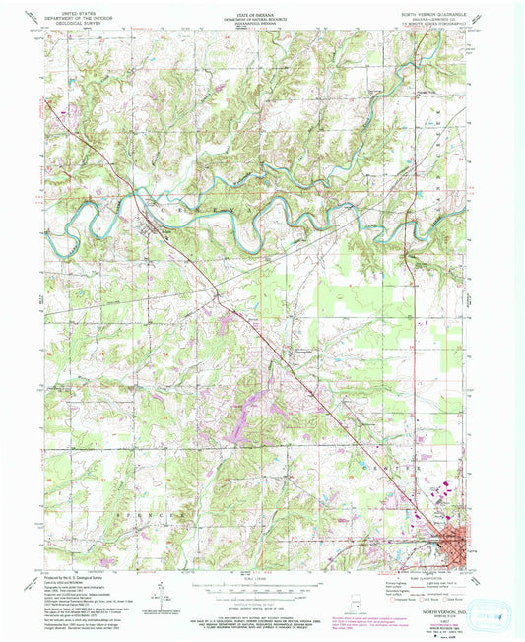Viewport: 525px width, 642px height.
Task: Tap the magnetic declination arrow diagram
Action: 158,591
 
